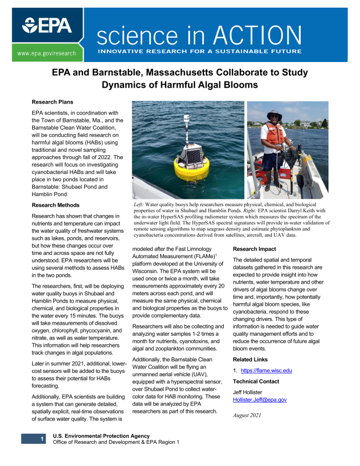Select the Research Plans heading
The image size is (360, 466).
[x=53, y=102]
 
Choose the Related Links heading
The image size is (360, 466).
[x=251, y=360]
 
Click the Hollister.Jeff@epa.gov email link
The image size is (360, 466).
[x=260, y=400]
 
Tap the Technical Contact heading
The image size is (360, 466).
[x=256, y=381]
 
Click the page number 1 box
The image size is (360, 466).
[x=40, y=439]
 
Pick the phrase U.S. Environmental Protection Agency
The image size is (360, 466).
[x=97, y=436]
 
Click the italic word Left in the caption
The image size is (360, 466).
[x=139, y=204]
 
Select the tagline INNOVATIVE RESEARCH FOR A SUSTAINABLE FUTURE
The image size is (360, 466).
[x=200, y=51]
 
